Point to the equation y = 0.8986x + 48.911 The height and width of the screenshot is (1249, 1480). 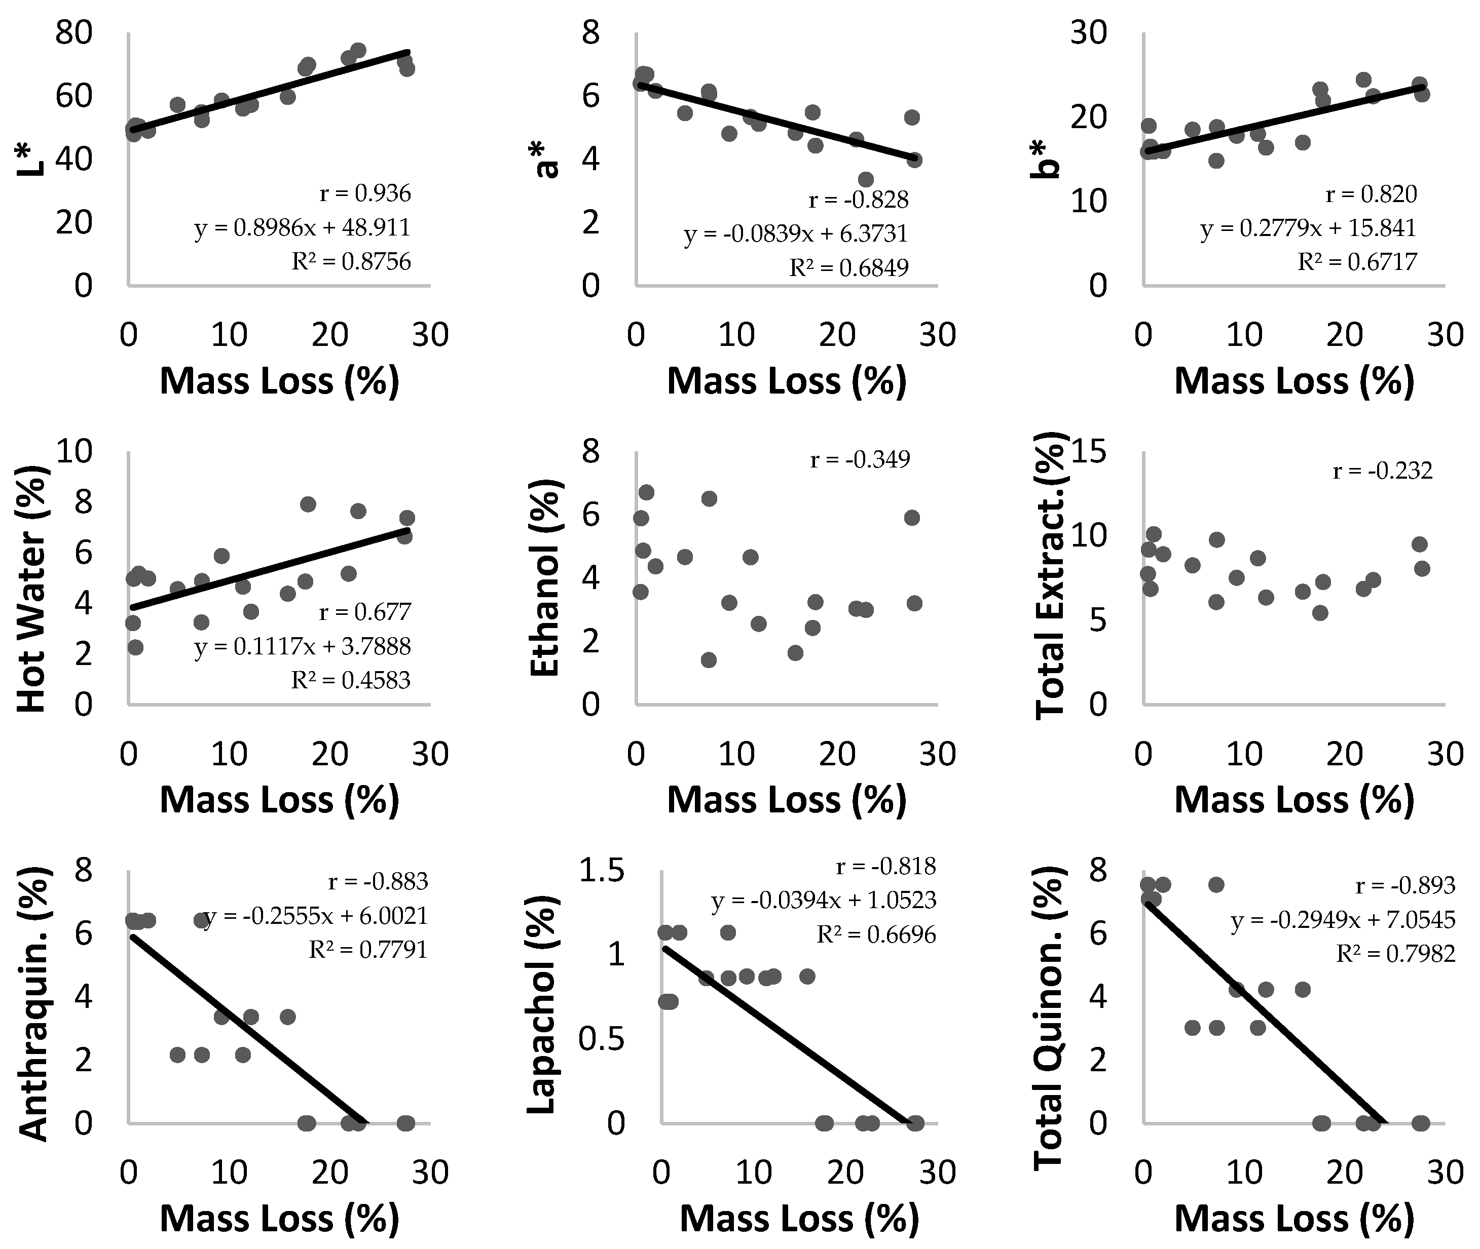[303, 228]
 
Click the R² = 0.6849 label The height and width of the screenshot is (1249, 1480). [849, 267]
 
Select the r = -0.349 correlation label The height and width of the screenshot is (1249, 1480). [860, 460]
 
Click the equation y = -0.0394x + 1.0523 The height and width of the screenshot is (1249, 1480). [824, 901]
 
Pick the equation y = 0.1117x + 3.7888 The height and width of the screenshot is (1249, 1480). [303, 646]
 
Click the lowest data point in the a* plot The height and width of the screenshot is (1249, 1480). [866, 179]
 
